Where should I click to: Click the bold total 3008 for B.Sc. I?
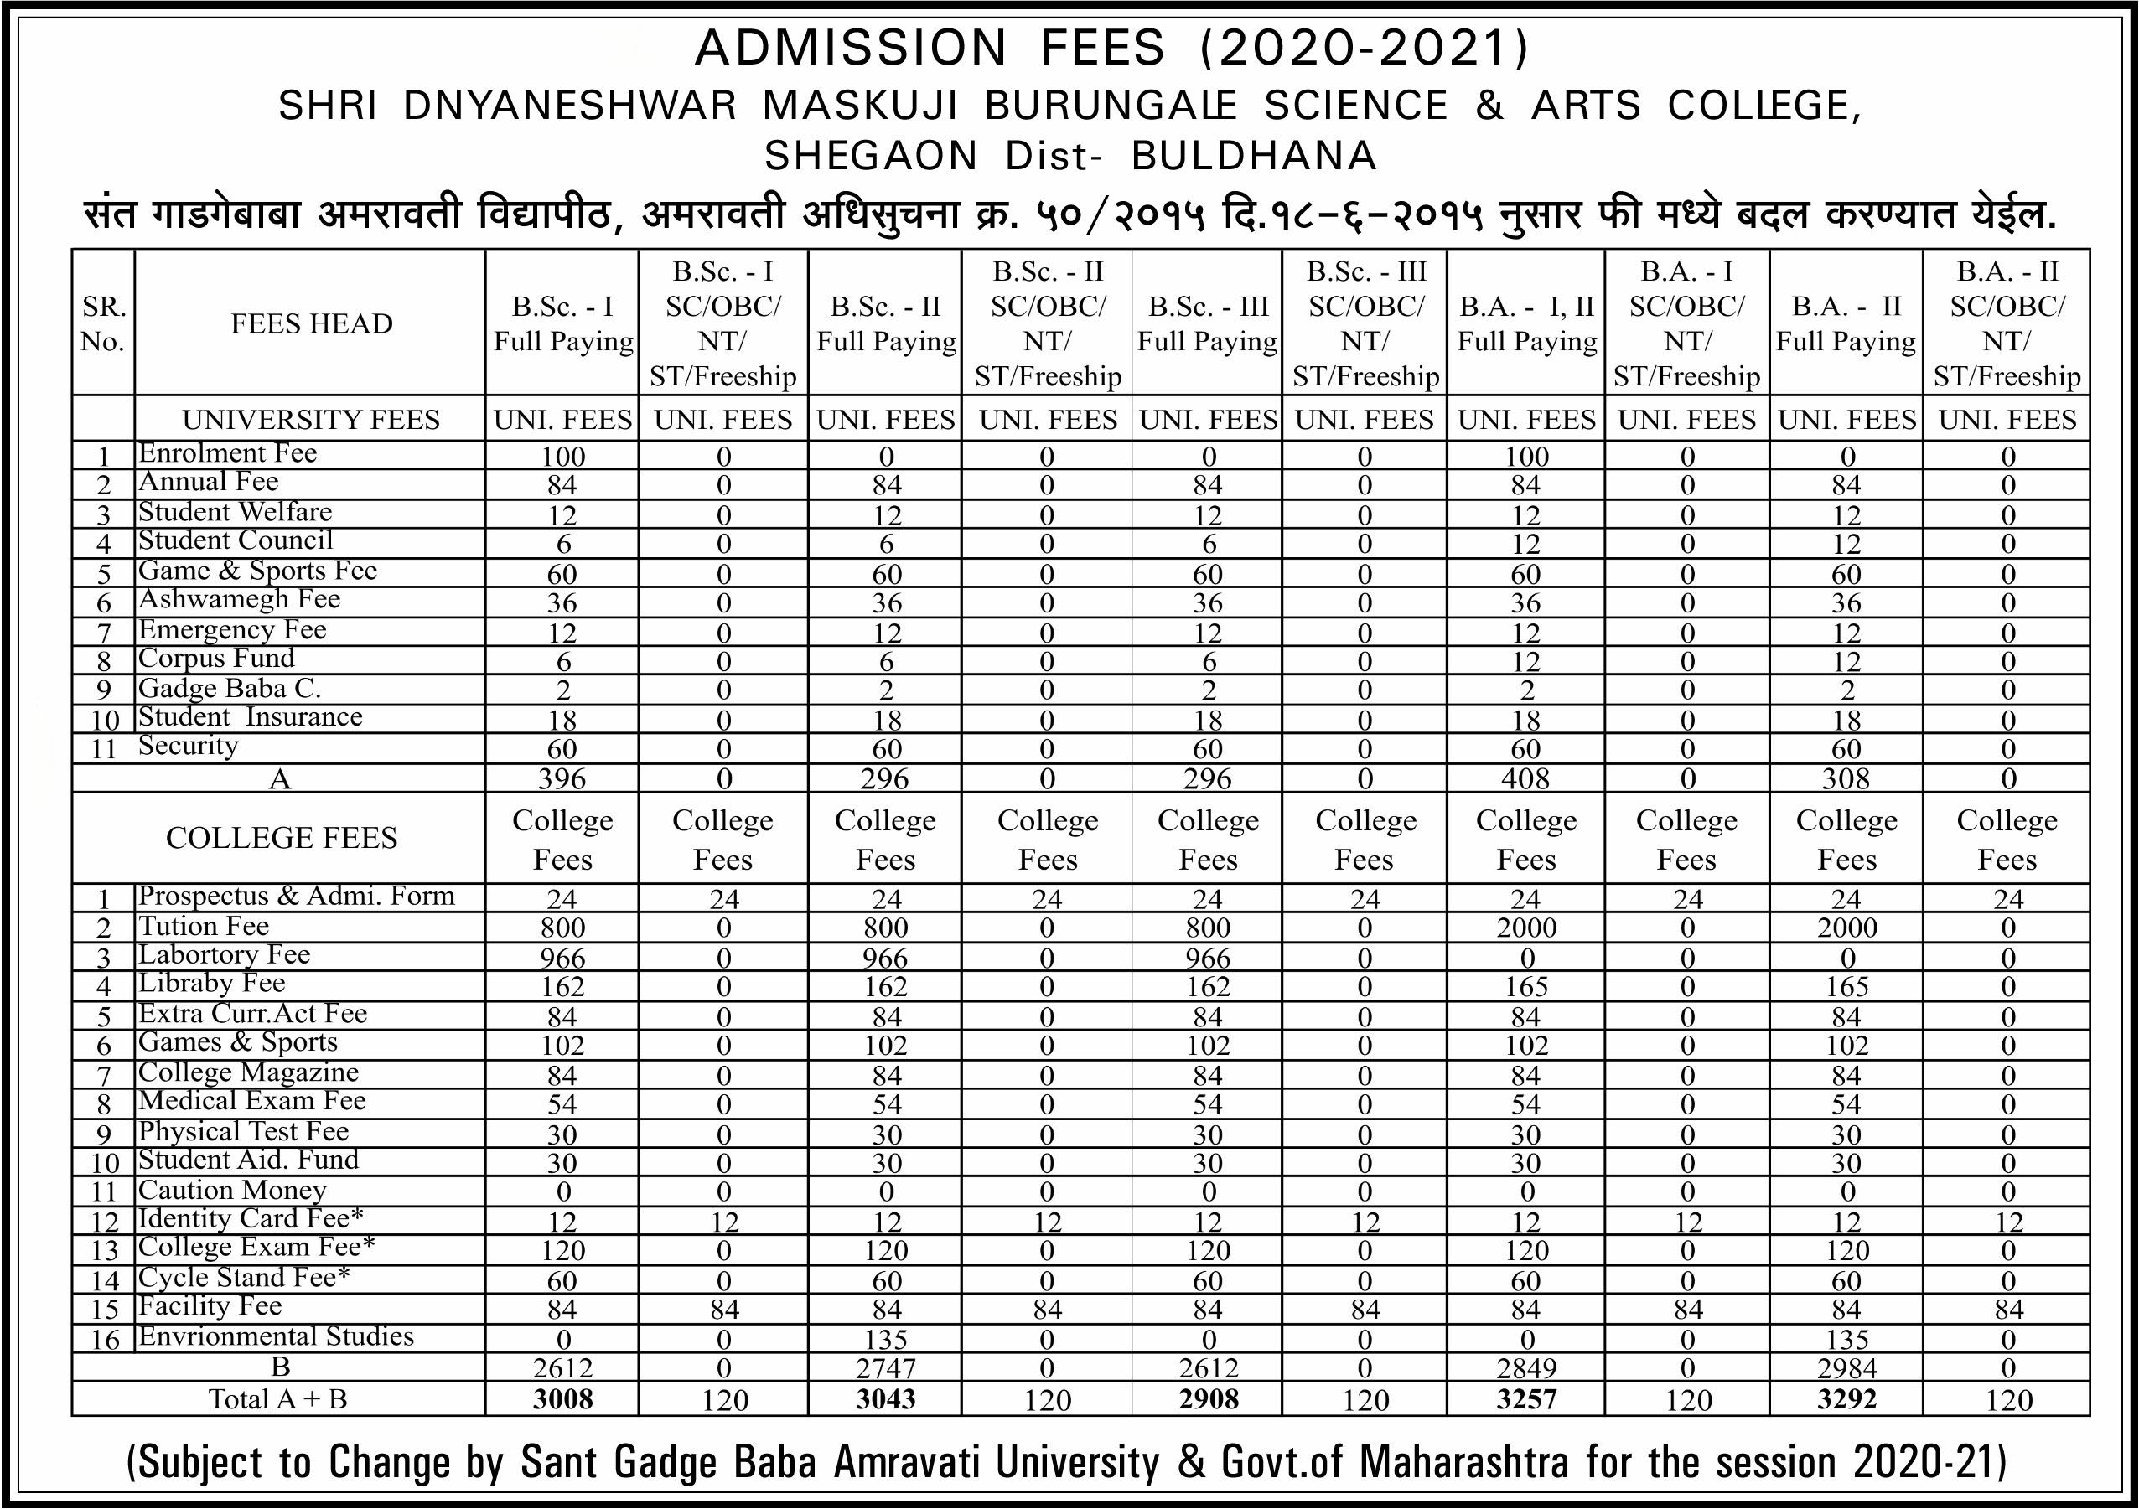pos(562,1399)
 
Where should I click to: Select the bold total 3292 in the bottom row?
pos(1846,1399)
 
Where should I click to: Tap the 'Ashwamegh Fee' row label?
pos(240,599)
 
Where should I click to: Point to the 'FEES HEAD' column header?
pos(311,323)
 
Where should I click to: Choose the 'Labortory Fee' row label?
pos(224,955)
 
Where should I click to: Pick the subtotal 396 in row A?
pos(562,778)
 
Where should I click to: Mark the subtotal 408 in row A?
pos(1525,778)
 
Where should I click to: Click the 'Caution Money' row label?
pos(232,1191)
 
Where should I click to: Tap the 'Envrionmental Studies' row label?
pos(276,1336)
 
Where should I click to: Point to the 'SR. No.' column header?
pos(102,323)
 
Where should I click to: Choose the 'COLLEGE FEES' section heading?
pos(282,839)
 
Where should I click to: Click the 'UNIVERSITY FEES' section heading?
pos(311,420)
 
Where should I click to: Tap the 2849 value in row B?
pos(1526,1368)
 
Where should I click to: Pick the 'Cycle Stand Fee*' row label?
pos(244,1277)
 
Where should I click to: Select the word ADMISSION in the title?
pos(851,49)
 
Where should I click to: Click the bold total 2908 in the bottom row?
pos(1208,1399)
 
